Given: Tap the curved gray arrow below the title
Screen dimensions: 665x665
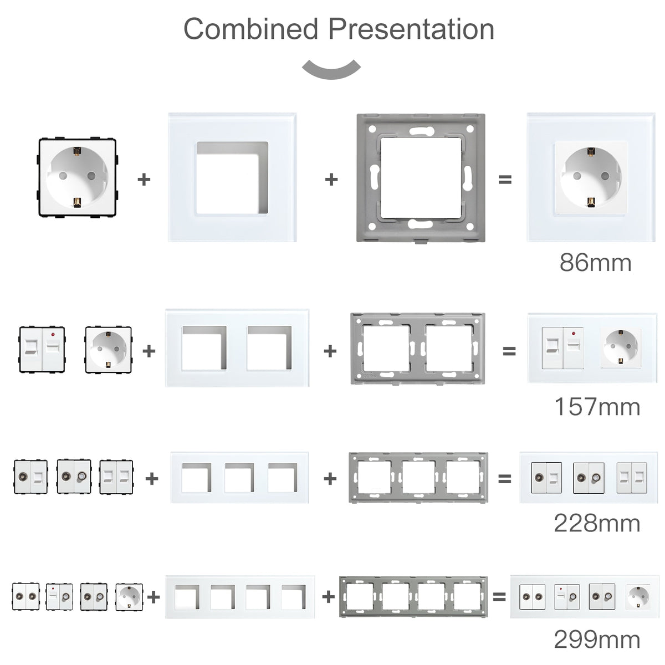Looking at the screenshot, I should [331, 69].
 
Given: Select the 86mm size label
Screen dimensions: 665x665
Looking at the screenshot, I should [595, 262].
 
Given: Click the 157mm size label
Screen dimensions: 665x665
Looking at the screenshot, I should [597, 407].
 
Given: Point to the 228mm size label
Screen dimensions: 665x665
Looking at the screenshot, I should [597, 523].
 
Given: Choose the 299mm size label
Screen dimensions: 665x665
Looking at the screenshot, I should [597, 641].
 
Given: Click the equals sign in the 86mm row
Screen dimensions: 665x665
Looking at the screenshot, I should [505, 180].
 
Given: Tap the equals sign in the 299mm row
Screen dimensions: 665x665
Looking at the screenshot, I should [499, 597].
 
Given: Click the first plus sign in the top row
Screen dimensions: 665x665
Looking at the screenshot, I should [144, 180].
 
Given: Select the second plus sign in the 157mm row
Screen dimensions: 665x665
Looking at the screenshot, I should [330, 351].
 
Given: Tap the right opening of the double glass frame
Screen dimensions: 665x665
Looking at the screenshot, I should [269, 348].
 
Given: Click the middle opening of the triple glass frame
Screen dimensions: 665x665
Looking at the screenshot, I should [239, 478].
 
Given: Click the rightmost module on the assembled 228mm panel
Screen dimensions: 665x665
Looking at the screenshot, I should [632, 478].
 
